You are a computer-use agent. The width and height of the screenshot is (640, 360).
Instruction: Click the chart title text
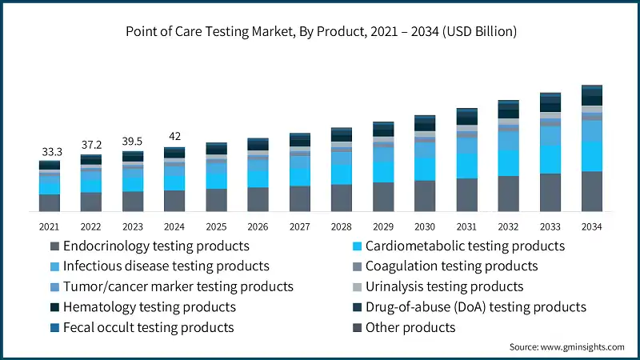(320, 32)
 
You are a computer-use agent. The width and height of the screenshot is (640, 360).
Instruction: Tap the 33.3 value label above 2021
(50, 151)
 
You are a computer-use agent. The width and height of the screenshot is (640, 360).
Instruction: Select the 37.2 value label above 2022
(91, 145)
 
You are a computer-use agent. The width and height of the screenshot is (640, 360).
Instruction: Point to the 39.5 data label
(133, 142)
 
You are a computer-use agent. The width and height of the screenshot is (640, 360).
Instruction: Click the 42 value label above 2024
(174, 137)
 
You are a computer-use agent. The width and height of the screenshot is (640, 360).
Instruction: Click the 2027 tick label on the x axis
(299, 226)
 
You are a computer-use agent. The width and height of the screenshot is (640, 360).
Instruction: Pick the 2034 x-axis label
(591, 226)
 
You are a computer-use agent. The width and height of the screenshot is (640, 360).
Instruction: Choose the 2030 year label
(424, 226)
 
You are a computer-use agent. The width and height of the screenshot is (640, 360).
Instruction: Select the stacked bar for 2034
(591, 148)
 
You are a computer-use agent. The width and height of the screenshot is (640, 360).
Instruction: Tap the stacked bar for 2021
(50, 186)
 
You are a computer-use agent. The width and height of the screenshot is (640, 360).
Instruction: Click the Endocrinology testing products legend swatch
(54, 246)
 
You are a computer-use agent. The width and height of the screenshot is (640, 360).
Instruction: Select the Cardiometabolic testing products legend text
(465, 246)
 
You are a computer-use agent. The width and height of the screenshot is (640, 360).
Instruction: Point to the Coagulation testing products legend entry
(451, 266)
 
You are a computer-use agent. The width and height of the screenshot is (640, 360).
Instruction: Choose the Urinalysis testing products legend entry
(444, 286)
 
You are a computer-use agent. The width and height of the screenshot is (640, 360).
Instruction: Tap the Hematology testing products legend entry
(149, 307)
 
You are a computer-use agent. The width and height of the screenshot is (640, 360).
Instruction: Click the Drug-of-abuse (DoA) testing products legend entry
(475, 307)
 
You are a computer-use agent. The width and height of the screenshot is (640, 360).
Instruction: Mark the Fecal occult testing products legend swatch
(54, 327)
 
